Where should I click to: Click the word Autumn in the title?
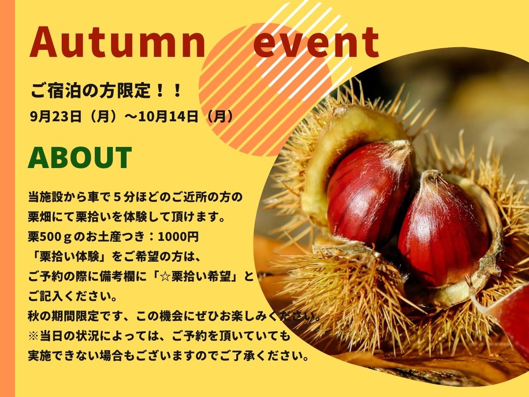click(x=117, y=42)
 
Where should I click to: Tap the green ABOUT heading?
click(x=80, y=157)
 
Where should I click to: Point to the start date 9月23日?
click(x=55, y=116)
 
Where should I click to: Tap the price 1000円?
click(x=179, y=236)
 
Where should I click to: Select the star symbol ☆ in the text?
click(x=166, y=277)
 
